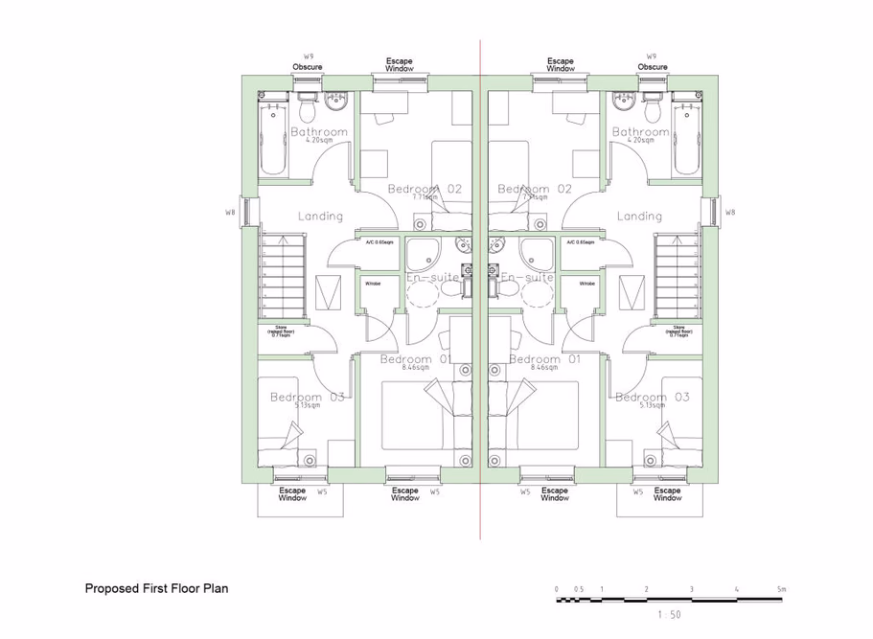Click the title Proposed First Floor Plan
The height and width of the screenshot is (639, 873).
tap(157, 589)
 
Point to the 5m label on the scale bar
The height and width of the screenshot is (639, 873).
tap(781, 589)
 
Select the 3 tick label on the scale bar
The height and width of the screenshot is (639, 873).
tap(691, 589)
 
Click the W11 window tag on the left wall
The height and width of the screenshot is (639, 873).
tap(230, 212)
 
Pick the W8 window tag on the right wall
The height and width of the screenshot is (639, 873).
tap(729, 212)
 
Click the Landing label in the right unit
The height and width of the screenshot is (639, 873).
tap(639, 217)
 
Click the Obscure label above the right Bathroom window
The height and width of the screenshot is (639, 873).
tap(652, 67)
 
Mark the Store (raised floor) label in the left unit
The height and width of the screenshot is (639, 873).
tap(280, 331)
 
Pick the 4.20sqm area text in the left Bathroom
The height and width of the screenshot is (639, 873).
tap(318, 141)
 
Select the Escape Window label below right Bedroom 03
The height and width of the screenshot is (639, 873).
tap(667, 494)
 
